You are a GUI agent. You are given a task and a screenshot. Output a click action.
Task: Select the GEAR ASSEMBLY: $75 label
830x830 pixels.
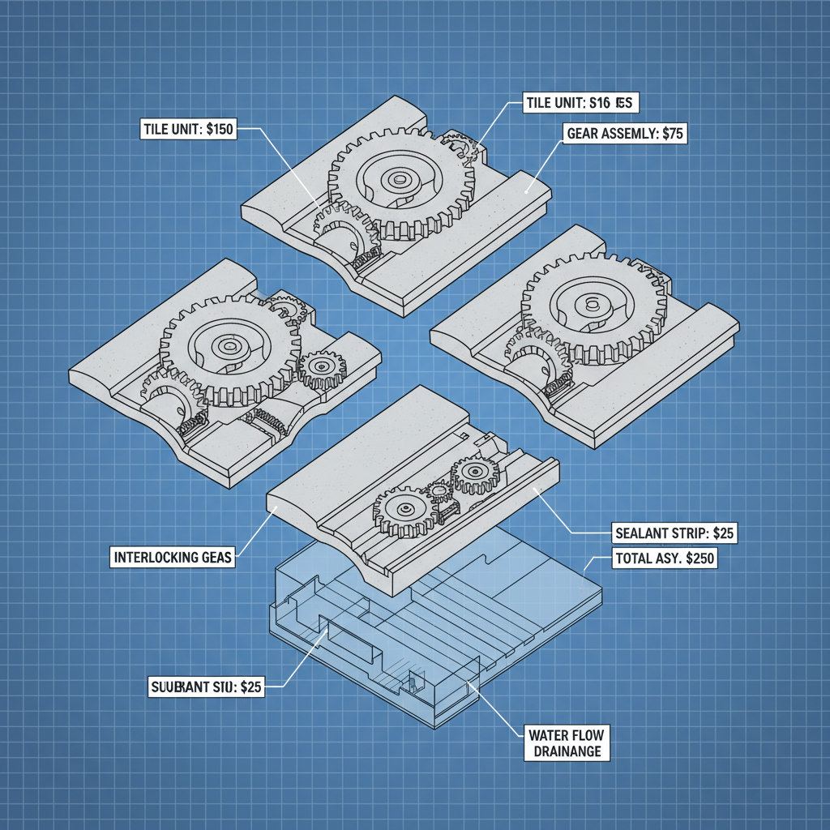tap(624, 135)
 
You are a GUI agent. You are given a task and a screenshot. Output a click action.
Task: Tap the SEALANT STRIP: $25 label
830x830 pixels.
tap(672, 534)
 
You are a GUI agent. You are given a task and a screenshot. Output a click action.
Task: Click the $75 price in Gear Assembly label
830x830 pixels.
tap(672, 135)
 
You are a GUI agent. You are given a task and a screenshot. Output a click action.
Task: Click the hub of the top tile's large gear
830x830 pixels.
tap(399, 180)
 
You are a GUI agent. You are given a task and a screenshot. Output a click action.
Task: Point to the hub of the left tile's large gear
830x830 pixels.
tap(226, 347)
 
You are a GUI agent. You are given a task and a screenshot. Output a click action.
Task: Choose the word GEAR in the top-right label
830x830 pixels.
tap(585, 135)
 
